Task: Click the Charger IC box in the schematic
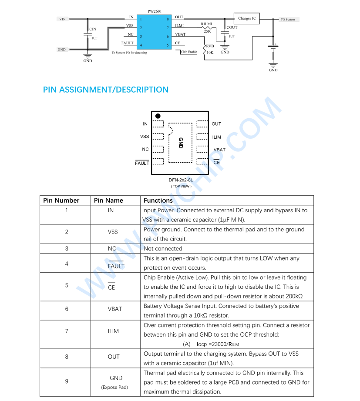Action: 247,18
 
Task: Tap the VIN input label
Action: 62,19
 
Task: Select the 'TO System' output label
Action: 288,20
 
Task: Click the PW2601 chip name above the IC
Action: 154,11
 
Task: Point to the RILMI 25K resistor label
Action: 207,27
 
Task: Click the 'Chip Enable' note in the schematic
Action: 189,52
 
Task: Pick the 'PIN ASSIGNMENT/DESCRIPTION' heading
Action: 106,90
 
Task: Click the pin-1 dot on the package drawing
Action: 158,116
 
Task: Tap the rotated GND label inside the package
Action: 181,143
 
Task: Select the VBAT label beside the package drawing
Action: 219,150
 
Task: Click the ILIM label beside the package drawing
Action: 216,137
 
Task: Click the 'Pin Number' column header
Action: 61,200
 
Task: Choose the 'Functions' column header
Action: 158,200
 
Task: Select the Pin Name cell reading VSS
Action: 113,232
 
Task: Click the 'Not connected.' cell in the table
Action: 164,249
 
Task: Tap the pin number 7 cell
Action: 67,331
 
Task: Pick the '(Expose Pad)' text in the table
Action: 114,387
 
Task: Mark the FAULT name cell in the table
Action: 116,266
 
